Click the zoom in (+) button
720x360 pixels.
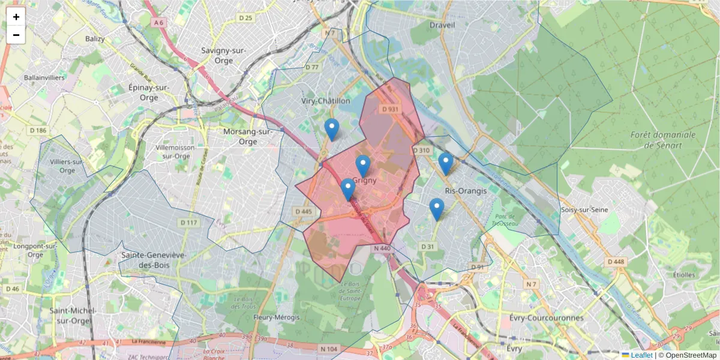coord(16,17)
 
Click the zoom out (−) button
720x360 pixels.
coord(16,35)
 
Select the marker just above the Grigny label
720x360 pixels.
coord(362,166)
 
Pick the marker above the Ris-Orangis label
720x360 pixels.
coord(445,163)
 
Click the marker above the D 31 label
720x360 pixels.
coord(437,209)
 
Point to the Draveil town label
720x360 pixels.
coord(443,25)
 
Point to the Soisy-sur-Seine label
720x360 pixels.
coord(584,209)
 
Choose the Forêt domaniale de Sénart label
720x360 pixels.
coord(663,140)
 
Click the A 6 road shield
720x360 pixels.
coord(158,22)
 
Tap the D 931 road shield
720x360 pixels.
coord(390,109)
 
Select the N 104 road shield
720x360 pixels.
coord(329,349)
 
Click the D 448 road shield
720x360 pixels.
coord(616,262)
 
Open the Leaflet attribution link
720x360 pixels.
coord(641,355)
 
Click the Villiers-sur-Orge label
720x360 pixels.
coord(67,166)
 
